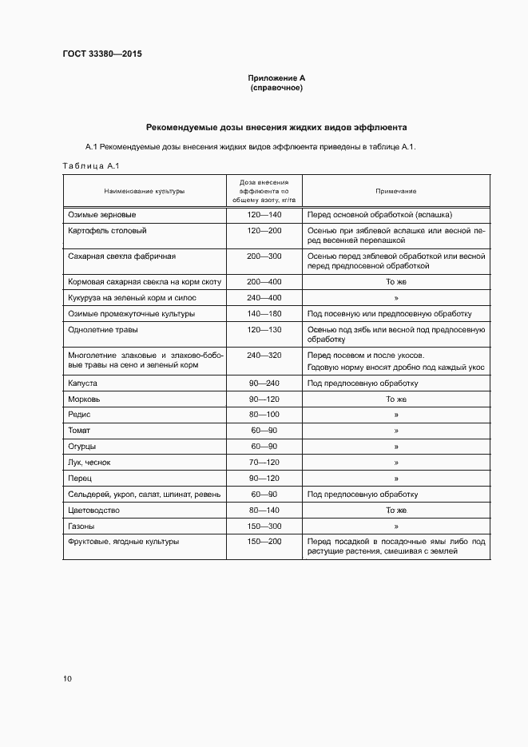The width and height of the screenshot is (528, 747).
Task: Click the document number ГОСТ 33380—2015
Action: pyautogui.click(x=101, y=54)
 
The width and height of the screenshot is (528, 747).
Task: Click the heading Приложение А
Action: pyautogui.click(x=276, y=77)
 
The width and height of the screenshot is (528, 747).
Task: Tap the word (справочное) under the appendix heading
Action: pyautogui.click(x=276, y=88)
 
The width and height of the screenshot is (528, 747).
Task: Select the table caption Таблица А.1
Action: pyautogui.click(x=90, y=165)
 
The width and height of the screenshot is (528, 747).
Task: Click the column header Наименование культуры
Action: pyautogui.click(x=144, y=192)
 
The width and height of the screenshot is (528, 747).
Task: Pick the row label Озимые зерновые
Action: pyautogui.click(x=102, y=216)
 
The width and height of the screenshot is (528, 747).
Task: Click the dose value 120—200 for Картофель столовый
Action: pyautogui.click(x=264, y=231)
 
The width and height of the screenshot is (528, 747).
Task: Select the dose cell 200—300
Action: pyautogui.click(x=264, y=256)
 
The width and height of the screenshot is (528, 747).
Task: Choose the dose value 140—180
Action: pyautogui.click(x=264, y=313)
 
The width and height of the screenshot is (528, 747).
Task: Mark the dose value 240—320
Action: pyautogui.click(x=264, y=355)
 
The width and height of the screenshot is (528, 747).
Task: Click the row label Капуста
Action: pyautogui.click(x=83, y=383)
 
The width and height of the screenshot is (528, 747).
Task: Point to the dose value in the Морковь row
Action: pyautogui.click(x=264, y=399)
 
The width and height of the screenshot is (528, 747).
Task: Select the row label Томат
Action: pyautogui.click(x=80, y=431)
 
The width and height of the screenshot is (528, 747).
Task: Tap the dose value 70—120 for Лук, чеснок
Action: pyautogui.click(x=264, y=463)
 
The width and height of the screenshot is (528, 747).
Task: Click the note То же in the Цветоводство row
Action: pyautogui.click(x=396, y=511)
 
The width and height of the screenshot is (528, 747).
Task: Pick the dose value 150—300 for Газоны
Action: pyautogui.click(x=264, y=526)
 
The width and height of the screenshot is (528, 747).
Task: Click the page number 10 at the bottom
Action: pyautogui.click(x=67, y=679)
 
